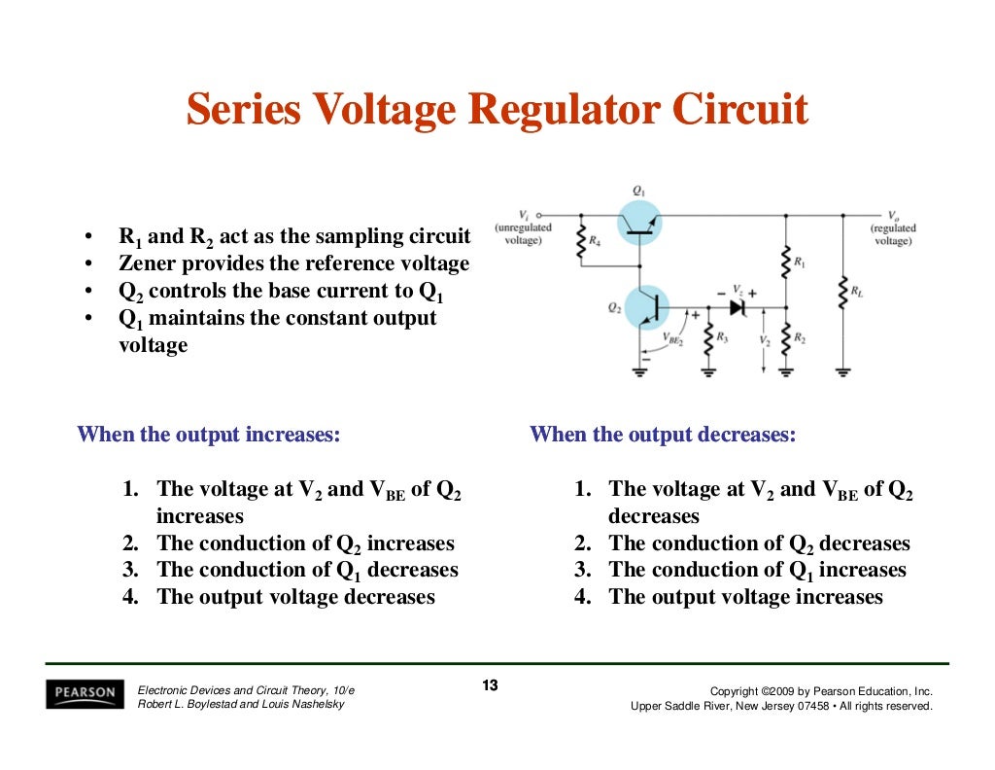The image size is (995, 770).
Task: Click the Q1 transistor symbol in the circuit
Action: pyautogui.click(x=638, y=223)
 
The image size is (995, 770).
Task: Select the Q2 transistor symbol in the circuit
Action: pyautogui.click(x=646, y=307)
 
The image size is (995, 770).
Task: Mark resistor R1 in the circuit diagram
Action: pyautogui.click(x=785, y=261)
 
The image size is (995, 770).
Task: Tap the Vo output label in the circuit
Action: pyautogui.click(x=892, y=215)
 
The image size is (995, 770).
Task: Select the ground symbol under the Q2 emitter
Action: pyautogui.click(x=640, y=370)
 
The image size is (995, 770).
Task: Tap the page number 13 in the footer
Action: pyautogui.click(x=490, y=686)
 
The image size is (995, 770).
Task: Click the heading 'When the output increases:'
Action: pyautogui.click(x=209, y=435)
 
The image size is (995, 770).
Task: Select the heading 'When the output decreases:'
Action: pyautogui.click(x=663, y=435)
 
